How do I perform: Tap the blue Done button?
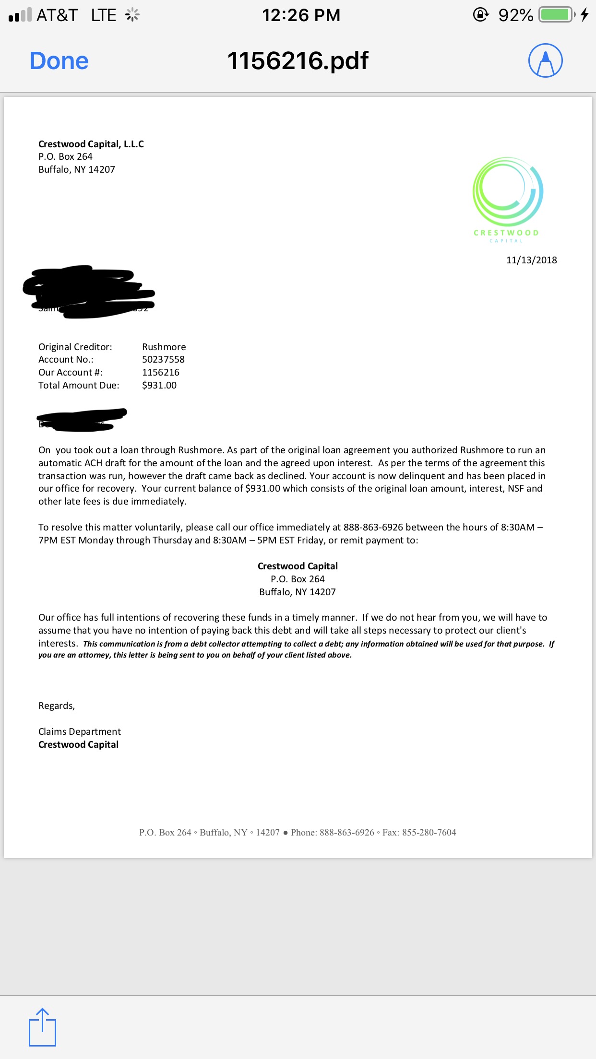(59, 61)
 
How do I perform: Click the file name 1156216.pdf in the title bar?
(298, 61)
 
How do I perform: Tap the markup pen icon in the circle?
(545, 60)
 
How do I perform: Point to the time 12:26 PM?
(301, 15)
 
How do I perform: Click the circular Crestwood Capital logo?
(507, 192)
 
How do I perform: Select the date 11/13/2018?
(531, 260)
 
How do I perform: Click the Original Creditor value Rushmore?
(164, 347)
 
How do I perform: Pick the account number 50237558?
(163, 359)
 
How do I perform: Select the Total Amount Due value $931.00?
(159, 385)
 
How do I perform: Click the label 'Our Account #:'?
(71, 372)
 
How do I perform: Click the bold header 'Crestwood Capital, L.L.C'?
(91, 144)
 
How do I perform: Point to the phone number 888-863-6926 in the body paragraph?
(373, 527)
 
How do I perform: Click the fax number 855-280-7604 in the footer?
(429, 833)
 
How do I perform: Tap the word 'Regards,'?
(57, 706)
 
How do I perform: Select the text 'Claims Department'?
(80, 731)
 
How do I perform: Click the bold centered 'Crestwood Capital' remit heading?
(298, 566)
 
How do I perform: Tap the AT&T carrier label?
(57, 15)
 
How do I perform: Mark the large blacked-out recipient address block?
(89, 291)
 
